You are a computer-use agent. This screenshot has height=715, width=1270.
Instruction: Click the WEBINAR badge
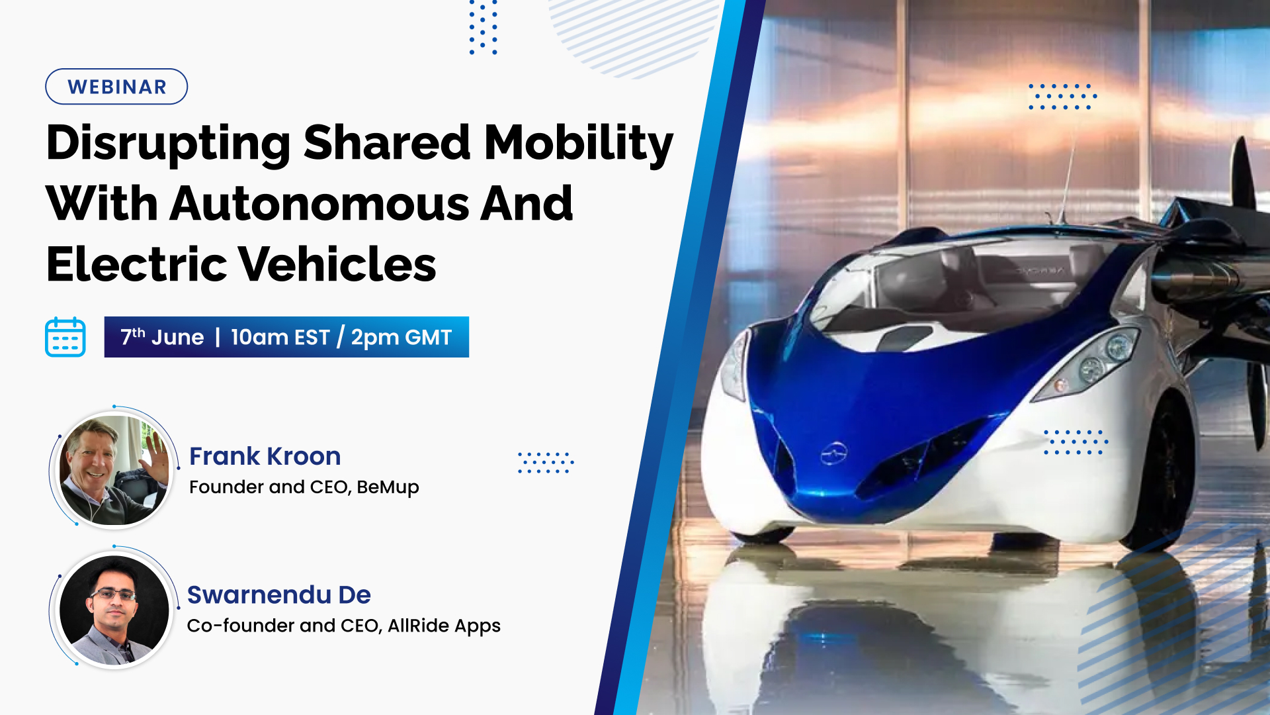point(116,87)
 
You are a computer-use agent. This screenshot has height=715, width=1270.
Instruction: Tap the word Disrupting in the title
point(168,144)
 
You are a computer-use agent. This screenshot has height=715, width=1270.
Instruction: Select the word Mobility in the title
point(578,144)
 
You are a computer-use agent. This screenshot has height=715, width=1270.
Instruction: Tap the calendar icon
point(65,337)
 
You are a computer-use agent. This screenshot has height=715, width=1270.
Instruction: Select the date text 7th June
point(162,337)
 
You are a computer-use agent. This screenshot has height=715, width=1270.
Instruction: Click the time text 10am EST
point(280,338)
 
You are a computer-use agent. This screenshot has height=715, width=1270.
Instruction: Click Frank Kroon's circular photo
point(114,469)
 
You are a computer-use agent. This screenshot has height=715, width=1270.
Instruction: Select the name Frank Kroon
point(265,456)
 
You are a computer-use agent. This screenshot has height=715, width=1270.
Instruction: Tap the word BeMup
point(388,488)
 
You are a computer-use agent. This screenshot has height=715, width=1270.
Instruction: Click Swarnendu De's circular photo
point(114,609)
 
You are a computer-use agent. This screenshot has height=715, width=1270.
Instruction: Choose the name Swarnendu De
point(278,595)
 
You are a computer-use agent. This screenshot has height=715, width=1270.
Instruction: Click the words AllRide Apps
point(444,626)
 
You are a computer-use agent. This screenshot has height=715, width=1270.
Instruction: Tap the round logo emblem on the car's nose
point(834,453)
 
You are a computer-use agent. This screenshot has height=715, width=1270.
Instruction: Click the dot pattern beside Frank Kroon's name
point(546,462)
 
